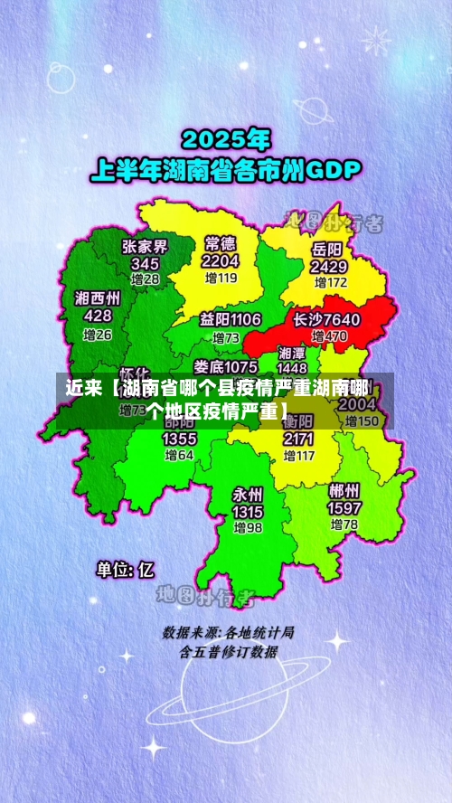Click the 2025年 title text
[x=226, y=139]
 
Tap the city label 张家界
[x=145, y=246]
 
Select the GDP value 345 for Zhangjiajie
[x=145, y=263]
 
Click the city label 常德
[x=221, y=243]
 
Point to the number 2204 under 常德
[x=221, y=260]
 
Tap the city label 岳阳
[x=327, y=249]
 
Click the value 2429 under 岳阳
[x=328, y=267]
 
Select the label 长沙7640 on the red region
[x=326, y=319]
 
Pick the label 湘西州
[x=98, y=298]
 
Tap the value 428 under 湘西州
[x=98, y=316]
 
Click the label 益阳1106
[x=231, y=319]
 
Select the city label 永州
[x=248, y=495]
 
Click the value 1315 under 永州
[x=248, y=512]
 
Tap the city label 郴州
[x=344, y=491]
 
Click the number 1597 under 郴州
[x=344, y=508]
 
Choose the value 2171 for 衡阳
[x=298, y=439]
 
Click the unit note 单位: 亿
[x=126, y=570]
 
